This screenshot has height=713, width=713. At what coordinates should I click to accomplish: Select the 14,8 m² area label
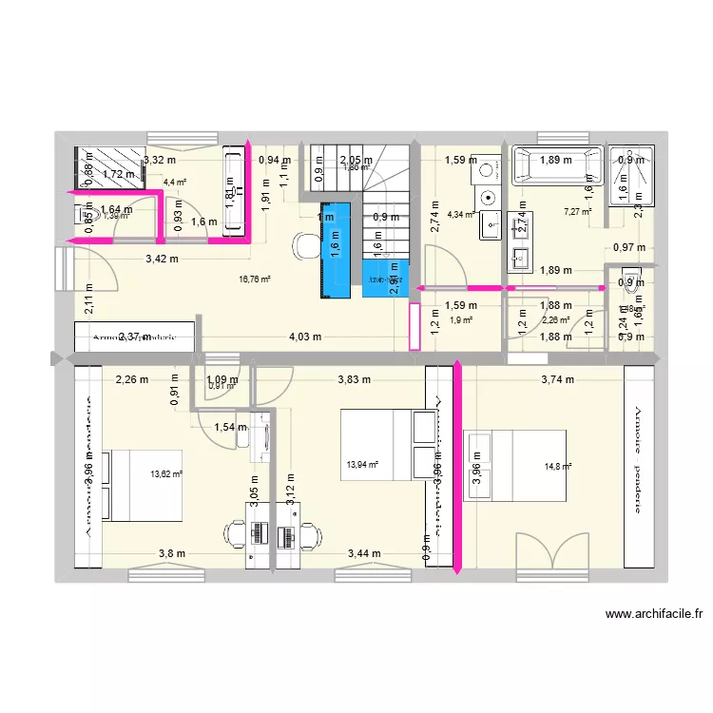[x=559, y=467]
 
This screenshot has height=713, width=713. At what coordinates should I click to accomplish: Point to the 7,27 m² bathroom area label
[x=577, y=211]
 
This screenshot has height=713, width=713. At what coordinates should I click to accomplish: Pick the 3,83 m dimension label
[x=355, y=379]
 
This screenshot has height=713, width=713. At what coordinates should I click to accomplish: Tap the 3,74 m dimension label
[x=557, y=379]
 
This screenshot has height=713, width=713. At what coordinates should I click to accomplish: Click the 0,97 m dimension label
[x=629, y=248]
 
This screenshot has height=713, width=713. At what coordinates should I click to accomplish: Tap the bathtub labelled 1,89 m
[x=557, y=164]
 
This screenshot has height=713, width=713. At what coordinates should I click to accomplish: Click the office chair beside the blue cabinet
[x=306, y=245]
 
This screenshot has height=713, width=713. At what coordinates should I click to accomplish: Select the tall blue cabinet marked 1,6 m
[x=335, y=249]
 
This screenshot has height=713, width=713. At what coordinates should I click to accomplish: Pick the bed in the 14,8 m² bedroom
[x=514, y=465]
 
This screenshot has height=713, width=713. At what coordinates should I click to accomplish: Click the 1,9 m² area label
[x=461, y=319]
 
